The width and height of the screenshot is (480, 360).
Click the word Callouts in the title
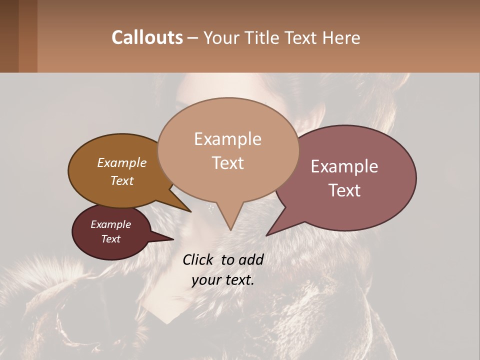pos(147,37)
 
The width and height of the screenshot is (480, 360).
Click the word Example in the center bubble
pos(227,139)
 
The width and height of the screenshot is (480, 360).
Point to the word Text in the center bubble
pos(227,163)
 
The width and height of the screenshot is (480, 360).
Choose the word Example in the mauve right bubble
pos(344,166)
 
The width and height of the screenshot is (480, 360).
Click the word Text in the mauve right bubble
pos(344,190)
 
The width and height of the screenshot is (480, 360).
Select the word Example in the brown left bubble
pos(122,163)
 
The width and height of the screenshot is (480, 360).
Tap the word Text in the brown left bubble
pos(122,180)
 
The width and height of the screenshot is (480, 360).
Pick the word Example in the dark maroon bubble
pos(111,224)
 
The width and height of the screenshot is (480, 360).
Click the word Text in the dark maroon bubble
pos(111,239)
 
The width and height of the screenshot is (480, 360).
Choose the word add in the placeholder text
pos(251,259)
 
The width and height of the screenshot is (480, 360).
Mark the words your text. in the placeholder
pos(223,280)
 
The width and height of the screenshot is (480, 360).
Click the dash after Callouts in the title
pos(193,38)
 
